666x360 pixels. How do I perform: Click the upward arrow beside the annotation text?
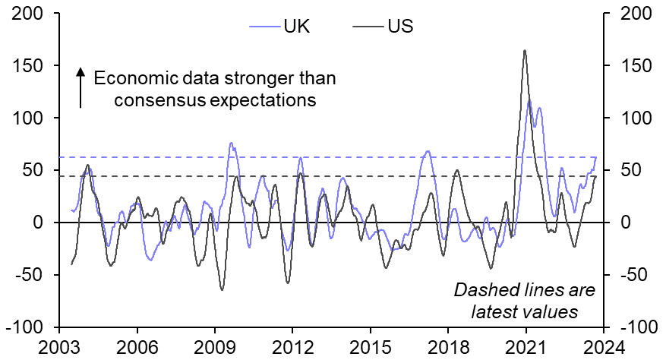point(79,87)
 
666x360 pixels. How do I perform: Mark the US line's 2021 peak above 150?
point(525,51)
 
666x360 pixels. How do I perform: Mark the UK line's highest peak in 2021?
point(529,101)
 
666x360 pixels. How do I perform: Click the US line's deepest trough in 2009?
point(222,289)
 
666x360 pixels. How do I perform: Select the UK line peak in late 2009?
point(231,143)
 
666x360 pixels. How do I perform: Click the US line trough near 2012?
point(288,283)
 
